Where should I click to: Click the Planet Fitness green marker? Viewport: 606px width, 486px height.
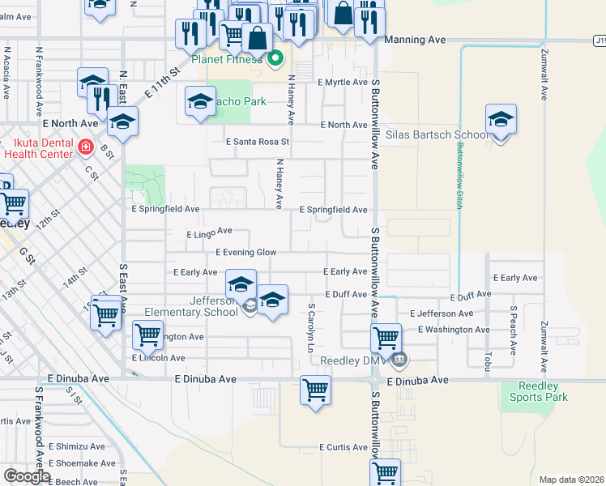[x=275, y=58]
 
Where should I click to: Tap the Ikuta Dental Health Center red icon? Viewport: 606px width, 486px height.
[x=86, y=147]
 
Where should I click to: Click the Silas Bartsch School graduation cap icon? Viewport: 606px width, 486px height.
[x=501, y=120]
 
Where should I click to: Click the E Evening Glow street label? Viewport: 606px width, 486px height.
[x=245, y=253]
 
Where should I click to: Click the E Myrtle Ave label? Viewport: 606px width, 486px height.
[x=343, y=83]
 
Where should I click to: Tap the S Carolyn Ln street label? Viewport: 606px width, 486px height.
[x=310, y=327]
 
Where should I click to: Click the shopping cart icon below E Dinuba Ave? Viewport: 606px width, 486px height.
[x=315, y=390]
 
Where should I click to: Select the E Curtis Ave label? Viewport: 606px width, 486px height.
[x=344, y=447]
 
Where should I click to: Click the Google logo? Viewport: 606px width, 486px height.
[x=26, y=476]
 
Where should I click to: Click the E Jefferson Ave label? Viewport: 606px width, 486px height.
[x=442, y=313]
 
